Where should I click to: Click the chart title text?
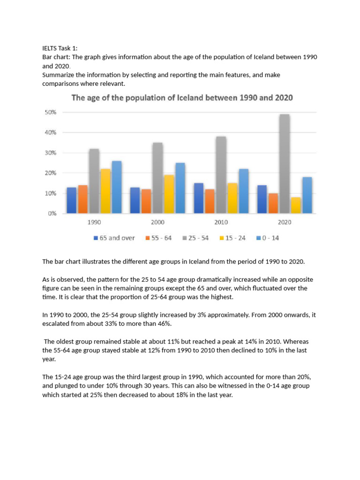point(182,98)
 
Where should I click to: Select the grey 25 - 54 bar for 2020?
point(285,164)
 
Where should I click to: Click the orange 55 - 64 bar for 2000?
point(146,201)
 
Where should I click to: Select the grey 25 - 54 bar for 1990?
point(94,181)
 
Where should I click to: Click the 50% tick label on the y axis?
point(50,112)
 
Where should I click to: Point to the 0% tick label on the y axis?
point(52,214)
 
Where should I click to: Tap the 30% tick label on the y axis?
point(50,153)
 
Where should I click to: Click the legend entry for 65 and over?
point(114,238)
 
